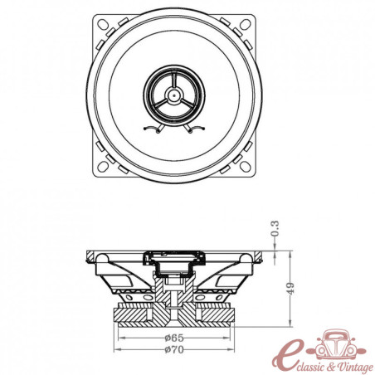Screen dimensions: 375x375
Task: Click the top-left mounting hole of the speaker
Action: point(104,24)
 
